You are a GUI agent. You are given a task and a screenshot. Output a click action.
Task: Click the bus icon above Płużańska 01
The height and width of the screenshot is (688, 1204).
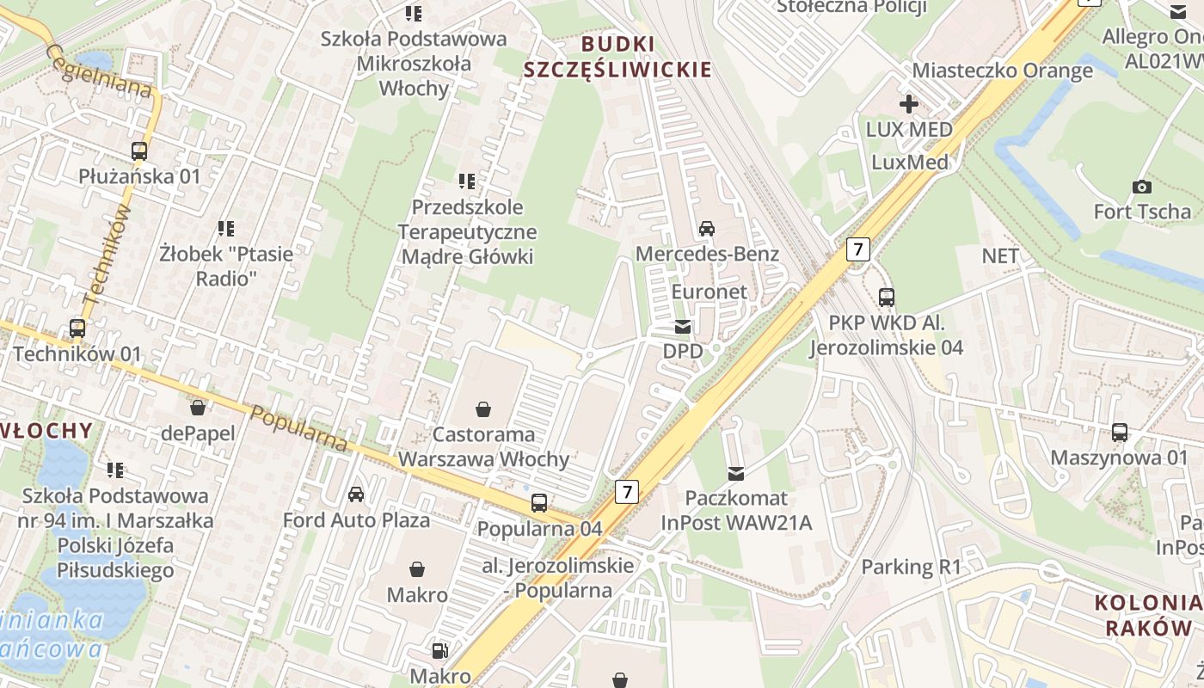pyautogui.click(x=139, y=151)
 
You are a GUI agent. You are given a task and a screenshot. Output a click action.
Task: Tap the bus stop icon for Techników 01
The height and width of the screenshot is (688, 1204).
pyautogui.click(x=77, y=329)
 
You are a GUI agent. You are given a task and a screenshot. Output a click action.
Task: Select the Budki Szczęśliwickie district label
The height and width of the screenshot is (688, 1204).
pyautogui.click(x=618, y=57)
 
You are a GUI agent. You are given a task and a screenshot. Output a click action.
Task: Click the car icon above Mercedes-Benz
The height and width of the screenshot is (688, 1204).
pyautogui.click(x=707, y=228)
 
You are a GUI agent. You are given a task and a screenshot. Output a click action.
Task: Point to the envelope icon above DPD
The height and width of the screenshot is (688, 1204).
pyautogui.click(x=683, y=327)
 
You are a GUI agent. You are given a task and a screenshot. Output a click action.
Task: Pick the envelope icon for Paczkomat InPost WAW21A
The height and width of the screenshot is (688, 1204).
pyautogui.click(x=736, y=472)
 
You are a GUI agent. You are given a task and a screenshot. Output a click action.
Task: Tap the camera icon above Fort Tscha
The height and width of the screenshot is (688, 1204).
pyautogui.click(x=1142, y=187)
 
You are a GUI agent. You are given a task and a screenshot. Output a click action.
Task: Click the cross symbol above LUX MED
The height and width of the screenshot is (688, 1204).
pyautogui.click(x=909, y=104)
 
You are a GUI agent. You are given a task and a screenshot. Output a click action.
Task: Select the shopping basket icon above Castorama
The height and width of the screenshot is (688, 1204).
pyautogui.click(x=483, y=409)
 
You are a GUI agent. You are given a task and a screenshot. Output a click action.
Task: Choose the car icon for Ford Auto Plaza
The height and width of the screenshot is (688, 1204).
pyautogui.click(x=356, y=494)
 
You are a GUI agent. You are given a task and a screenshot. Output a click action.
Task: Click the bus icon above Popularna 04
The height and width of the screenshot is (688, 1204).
pyautogui.click(x=539, y=503)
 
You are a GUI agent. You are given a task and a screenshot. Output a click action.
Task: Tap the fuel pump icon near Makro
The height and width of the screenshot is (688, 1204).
pyautogui.click(x=439, y=651)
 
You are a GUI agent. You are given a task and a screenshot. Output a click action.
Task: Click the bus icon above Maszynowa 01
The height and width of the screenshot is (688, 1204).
pyautogui.click(x=1120, y=433)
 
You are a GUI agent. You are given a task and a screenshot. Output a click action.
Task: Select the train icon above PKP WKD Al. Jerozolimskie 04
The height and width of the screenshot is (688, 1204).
pyautogui.click(x=887, y=298)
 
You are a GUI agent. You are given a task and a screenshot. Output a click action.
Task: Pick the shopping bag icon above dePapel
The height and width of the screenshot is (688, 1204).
pyautogui.click(x=198, y=408)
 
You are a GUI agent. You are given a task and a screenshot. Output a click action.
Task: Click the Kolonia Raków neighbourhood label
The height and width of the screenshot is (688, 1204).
pyautogui.click(x=1148, y=615)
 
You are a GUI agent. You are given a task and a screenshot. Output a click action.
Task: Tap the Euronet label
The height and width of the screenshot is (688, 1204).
pyautogui.click(x=709, y=292)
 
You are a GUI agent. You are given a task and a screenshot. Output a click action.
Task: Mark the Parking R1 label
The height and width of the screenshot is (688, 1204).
pyautogui.click(x=911, y=567)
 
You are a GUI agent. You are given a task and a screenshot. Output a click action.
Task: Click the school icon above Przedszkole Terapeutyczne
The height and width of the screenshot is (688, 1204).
pyautogui.click(x=467, y=181)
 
